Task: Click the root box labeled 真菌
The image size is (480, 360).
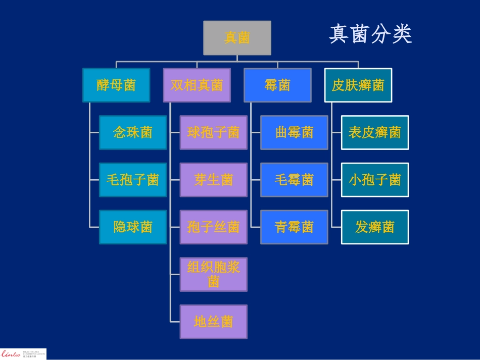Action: click(x=237, y=38)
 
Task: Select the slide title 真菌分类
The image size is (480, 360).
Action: click(x=370, y=34)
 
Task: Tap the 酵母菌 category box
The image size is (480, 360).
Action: click(x=116, y=85)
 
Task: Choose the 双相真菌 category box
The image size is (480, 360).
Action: click(x=197, y=85)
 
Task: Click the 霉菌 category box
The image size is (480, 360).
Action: click(x=277, y=85)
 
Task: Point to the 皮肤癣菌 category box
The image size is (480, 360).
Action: click(x=358, y=85)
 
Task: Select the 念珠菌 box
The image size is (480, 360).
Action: click(x=133, y=133)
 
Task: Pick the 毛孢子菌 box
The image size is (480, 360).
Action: click(x=133, y=180)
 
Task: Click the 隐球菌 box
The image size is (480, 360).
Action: click(x=133, y=227)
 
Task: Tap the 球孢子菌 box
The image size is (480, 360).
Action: click(x=214, y=133)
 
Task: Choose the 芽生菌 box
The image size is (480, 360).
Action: click(x=214, y=180)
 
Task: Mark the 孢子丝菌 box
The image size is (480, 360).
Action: click(x=214, y=227)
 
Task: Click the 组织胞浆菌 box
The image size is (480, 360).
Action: click(x=214, y=274)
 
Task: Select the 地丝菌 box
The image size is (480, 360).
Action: click(x=214, y=322)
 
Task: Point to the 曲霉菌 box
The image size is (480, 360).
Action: click(x=294, y=133)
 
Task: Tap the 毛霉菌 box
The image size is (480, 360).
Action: click(x=294, y=180)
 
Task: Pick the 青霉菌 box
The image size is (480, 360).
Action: click(x=294, y=227)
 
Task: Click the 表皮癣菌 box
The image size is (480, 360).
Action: click(x=375, y=133)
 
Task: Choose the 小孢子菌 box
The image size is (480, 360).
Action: click(x=375, y=180)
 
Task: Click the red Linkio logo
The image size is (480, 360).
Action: click(x=11, y=353)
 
